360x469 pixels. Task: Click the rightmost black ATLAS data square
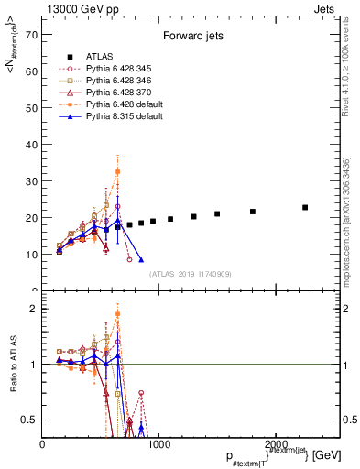click(305, 208)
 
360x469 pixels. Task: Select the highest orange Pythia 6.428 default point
click(117, 171)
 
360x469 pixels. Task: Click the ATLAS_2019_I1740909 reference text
click(190, 274)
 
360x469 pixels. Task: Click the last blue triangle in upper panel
click(141, 260)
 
